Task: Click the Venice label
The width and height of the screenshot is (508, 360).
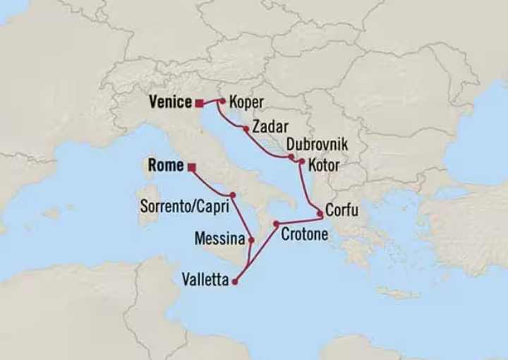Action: coord(170,102)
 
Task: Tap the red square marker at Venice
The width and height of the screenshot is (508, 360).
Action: coord(200,103)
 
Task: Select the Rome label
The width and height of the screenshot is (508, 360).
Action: coord(166,167)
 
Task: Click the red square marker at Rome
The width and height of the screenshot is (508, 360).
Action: coord(191,167)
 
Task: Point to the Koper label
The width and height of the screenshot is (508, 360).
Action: coord(246,103)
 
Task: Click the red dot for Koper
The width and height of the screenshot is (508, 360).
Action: coord(222,102)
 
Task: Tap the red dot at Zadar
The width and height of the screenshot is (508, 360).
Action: coord(246,129)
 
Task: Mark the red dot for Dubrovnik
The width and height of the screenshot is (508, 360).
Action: coord(291,157)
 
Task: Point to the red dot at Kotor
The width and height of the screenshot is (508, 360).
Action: coord(302,162)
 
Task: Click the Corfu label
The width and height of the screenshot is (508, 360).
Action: coord(341,210)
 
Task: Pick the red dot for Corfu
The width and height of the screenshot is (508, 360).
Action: coord(320,213)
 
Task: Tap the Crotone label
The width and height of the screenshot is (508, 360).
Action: coord(304,234)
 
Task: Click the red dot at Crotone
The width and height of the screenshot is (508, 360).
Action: coord(277,224)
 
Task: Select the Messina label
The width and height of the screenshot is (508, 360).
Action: coord(219,239)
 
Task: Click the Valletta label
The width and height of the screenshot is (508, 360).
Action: coord(205,280)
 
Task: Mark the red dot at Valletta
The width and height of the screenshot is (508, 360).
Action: coord(235,282)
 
